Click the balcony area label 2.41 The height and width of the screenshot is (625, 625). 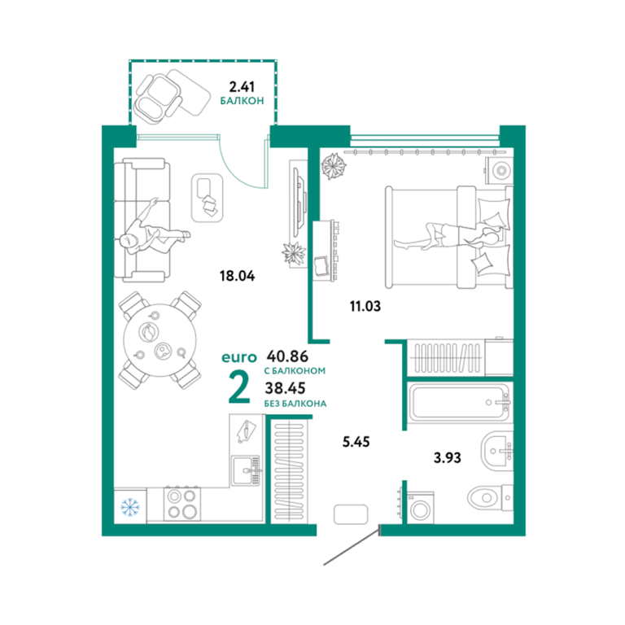click(242, 86)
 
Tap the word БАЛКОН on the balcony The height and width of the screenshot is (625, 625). click(242, 101)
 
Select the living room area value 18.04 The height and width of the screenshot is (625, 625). click(237, 275)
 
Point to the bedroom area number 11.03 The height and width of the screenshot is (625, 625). click(365, 306)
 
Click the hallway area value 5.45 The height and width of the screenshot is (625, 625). click(356, 442)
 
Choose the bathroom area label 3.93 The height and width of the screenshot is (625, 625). click(448, 457)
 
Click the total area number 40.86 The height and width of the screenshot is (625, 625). click(287, 355)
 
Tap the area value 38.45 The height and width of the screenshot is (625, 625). click(286, 387)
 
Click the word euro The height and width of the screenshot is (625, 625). click(239, 357)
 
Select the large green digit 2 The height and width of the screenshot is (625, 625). click(239, 387)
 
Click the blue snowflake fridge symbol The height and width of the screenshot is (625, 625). click(129, 506)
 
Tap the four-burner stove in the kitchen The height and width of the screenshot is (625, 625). click(182, 503)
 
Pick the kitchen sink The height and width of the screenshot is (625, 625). click(246, 470)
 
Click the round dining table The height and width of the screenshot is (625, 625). click(160, 340)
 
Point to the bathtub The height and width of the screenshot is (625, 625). click(460, 402)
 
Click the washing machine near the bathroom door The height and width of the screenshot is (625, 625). click(420, 508)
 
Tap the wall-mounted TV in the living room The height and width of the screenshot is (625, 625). click(299, 202)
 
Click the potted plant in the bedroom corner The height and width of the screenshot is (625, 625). click(333, 166)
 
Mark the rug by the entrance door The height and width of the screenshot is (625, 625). click(351, 514)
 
